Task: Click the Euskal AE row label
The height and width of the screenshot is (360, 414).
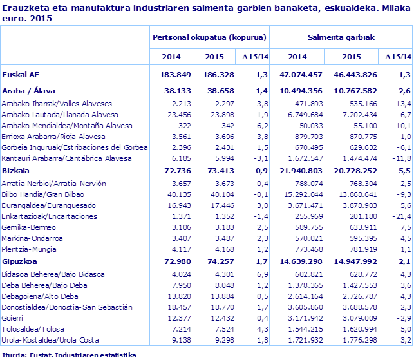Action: (x=21, y=75)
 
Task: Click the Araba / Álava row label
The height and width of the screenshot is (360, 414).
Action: (x=32, y=91)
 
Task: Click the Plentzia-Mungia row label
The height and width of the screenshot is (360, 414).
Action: (x=30, y=250)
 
